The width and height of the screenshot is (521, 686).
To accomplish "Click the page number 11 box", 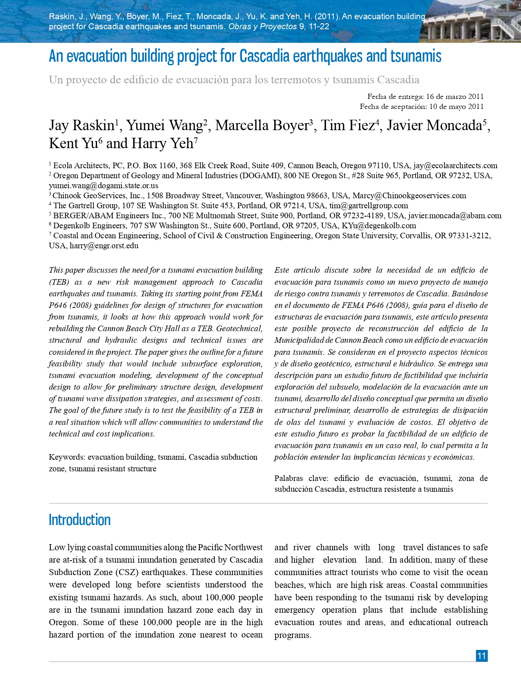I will click(482, 656).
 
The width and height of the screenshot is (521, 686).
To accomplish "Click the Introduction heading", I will click(79, 520).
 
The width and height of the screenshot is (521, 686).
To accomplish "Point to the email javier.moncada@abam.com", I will click(454, 215).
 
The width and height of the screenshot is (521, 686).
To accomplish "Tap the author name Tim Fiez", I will click(347, 125).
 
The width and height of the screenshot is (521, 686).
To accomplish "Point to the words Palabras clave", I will click(301, 478).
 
